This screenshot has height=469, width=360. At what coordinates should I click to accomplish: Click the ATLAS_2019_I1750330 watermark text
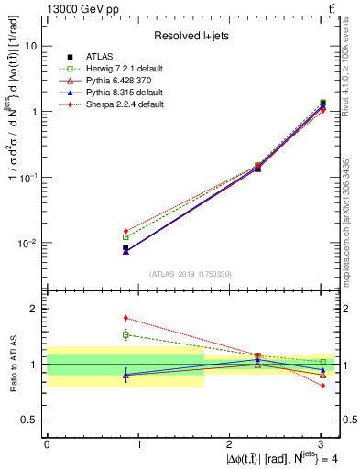[x=191, y=274]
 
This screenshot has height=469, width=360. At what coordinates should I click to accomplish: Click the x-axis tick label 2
[x=230, y=445]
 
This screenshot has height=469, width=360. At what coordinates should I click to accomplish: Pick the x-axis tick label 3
[x=322, y=445]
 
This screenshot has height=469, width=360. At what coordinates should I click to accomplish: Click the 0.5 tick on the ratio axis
[x=31, y=420]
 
